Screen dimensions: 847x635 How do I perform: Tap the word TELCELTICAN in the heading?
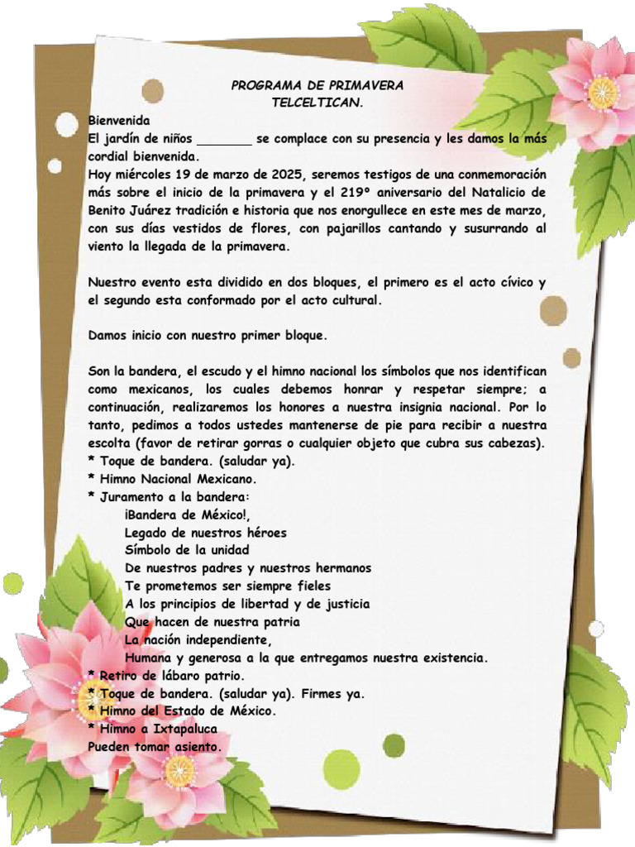pyautogui.click(x=317, y=103)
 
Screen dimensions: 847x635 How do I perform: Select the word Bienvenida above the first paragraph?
pyautogui.click(x=119, y=121)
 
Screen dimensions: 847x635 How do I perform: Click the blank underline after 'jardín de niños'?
pyautogui.click(x=224, y=140)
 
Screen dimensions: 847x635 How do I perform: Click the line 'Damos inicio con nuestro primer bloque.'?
pyautogui.click(x=208, y=336)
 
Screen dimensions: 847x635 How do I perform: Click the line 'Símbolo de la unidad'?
pyautogui.click(x=187, y=550)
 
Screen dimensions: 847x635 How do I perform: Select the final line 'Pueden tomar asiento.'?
pyautogui.click(x=155, y=746)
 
